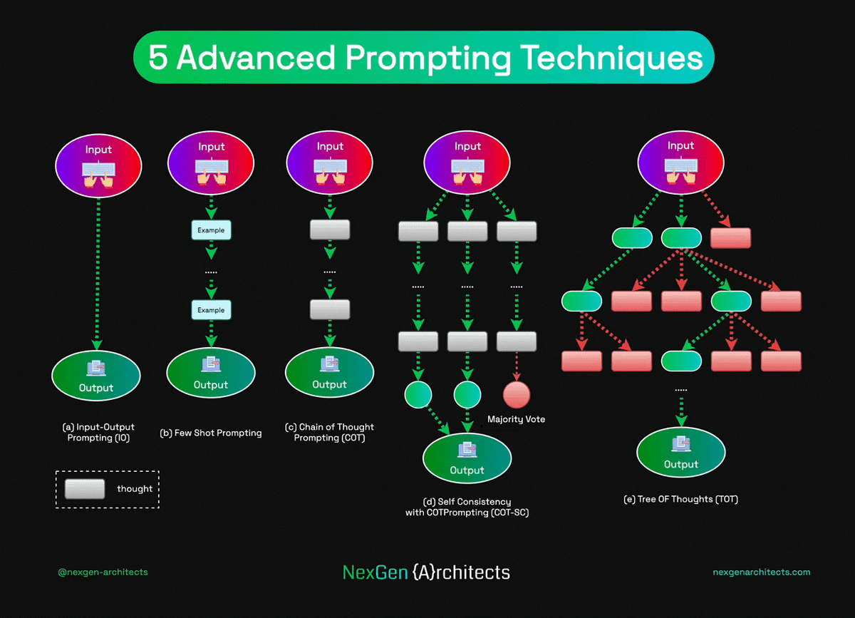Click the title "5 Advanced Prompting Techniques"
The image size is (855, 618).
(425, 58)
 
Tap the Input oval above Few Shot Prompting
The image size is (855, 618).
(211, 162)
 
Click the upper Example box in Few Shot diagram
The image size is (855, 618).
(211, 230)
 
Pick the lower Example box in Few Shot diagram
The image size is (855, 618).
(211, 310)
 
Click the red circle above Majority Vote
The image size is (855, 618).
(517, 394)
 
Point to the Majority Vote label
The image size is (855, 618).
(516, 419)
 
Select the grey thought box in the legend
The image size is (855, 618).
(85, 489)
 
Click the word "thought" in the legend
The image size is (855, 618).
(135, 489)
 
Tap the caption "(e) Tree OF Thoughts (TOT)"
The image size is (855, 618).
(680, 499)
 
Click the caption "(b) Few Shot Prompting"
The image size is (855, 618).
(211, 433)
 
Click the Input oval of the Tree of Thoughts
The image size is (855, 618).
(680, 162)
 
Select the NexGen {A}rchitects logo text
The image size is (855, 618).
(426, 572)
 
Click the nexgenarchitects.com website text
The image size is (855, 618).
(761, 572)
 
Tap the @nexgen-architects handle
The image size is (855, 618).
(103, 572)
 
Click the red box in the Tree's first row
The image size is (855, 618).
(730, 238)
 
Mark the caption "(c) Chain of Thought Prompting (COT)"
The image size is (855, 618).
(329, 432)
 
